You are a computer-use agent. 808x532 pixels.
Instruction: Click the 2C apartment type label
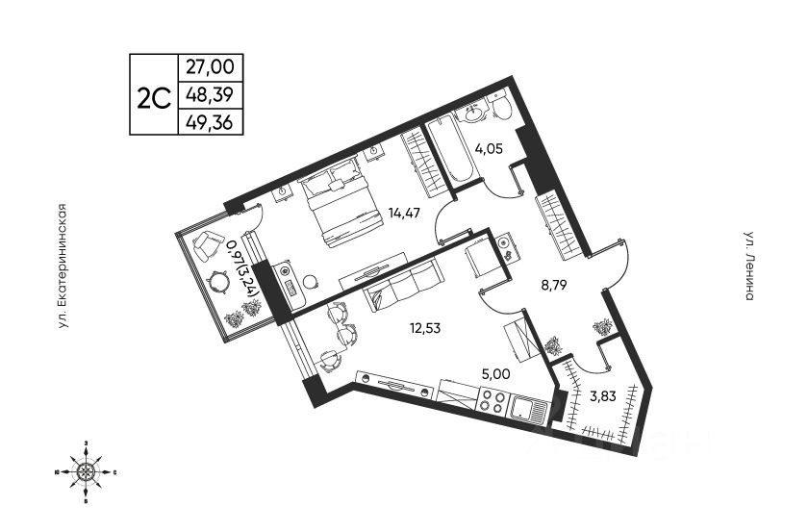point(154,95)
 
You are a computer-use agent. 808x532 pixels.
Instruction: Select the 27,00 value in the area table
point(211,68)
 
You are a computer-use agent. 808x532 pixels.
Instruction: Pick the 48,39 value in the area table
point(211,95)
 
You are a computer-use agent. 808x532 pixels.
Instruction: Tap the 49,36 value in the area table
point(211,122)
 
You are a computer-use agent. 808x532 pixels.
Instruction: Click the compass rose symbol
point(87,471)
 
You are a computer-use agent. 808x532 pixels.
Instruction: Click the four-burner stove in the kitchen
point(492,402)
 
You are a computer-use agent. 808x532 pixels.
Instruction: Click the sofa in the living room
point(403,288)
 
